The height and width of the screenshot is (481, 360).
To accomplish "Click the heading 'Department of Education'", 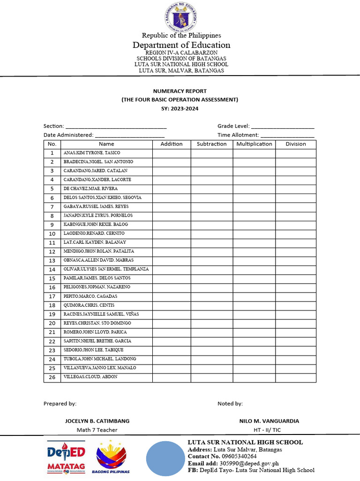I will click(181, 45).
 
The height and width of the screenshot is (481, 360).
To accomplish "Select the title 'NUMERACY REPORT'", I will click(180, 91).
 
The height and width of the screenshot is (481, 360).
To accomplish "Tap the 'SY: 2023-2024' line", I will click(180, 108).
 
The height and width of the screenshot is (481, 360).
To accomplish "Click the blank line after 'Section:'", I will click(116, 126).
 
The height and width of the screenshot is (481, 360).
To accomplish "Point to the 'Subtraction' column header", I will click(211, 144).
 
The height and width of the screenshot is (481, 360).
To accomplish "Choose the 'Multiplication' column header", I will click(254, 144).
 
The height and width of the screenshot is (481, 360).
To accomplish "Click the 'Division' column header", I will click(296, 144).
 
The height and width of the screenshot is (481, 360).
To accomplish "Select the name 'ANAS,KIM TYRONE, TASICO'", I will click(92, 153).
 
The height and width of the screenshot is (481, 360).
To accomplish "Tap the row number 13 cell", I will click(52, 260).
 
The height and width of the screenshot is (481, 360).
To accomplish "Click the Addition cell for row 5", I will click(171, 189).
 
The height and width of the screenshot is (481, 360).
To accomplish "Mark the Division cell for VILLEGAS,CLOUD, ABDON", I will click(296, 377).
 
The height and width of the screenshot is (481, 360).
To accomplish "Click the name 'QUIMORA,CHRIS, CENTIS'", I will click(89, 305).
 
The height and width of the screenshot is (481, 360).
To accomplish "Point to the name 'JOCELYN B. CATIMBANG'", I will click(97, 421).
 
